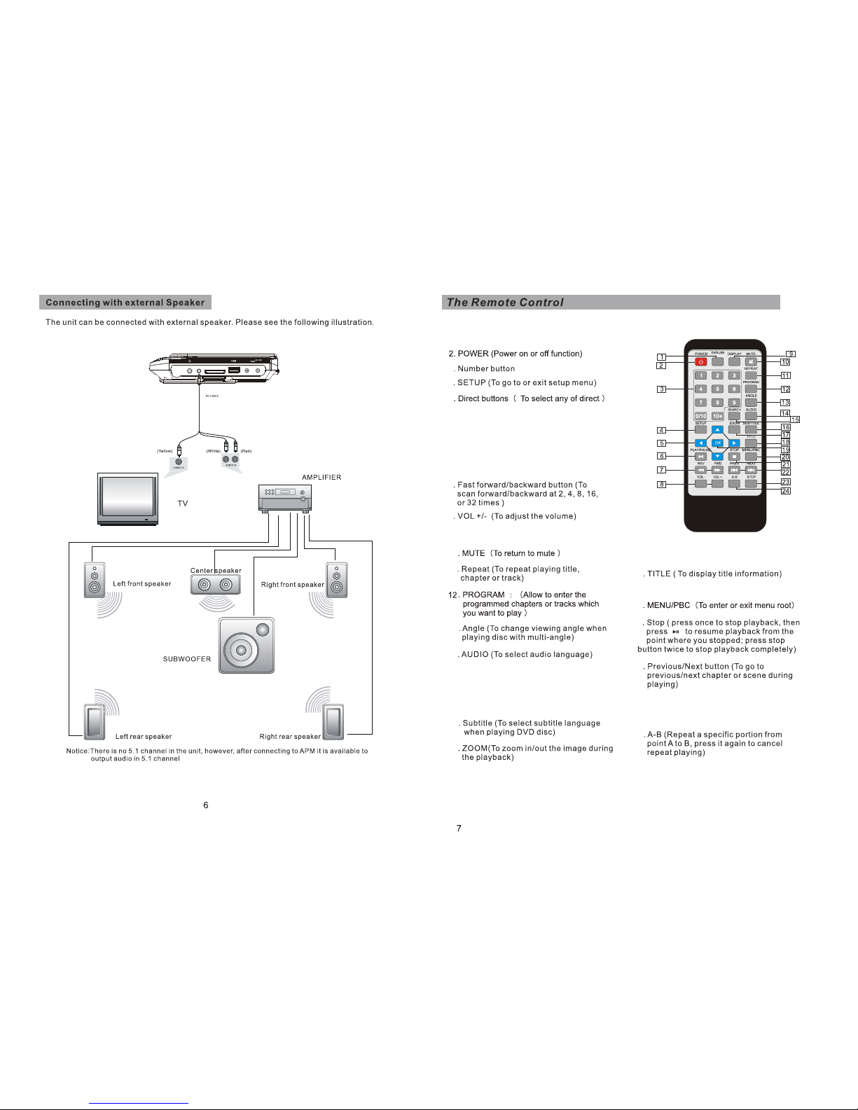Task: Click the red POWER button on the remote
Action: (700, 362)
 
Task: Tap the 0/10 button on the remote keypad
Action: (700, 416)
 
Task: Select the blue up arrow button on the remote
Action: (717, 430)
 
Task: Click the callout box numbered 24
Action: (785, 491)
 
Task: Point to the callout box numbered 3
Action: (661, 389)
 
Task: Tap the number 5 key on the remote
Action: (717, 389)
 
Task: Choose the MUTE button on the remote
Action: (751, 362)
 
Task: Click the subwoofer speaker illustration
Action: (246, 645)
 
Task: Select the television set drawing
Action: (127, 499)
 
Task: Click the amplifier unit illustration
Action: (285, 498)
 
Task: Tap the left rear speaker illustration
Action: (95, 721)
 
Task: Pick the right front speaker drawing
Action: (336, 580)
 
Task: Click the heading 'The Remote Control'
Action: (505, 303)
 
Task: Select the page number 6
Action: (206, 805)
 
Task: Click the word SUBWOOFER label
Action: (187, 659)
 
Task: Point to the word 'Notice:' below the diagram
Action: (77, 751)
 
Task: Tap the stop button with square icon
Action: (734, 457)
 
